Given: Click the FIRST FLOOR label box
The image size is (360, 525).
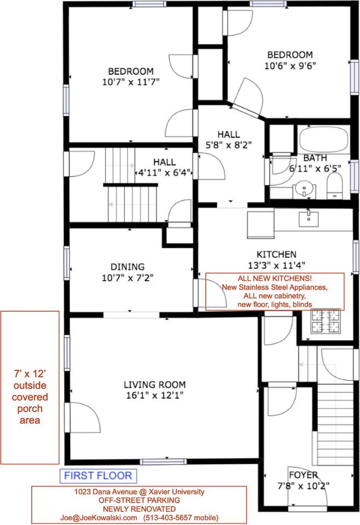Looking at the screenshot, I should pos(98,475).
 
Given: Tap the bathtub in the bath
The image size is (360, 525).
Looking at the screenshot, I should pos(323,140).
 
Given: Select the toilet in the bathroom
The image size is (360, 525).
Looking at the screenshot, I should pos(334,186).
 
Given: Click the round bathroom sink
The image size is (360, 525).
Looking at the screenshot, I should pos(304,190).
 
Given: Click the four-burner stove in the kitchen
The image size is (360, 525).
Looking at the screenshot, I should pos(326,321).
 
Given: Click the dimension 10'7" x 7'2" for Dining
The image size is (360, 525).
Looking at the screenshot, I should pos(127,277).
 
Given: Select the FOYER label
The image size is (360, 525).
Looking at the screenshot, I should pos(304,475).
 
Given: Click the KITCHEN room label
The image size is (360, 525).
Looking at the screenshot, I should pos(276,254).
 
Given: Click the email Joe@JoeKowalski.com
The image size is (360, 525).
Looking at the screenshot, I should pos(98,517).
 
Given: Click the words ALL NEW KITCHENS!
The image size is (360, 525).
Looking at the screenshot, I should pos(275,278).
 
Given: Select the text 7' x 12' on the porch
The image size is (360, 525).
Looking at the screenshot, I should pos(30,374).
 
